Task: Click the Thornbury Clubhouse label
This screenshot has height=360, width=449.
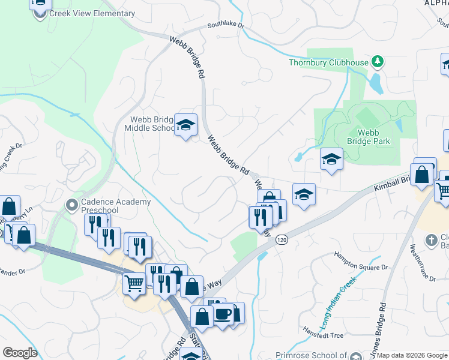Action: (x=328, y=62)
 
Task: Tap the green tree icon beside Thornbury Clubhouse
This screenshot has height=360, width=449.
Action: (x=378, y=61)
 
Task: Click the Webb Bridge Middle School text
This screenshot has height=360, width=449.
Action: (x=149, y=123)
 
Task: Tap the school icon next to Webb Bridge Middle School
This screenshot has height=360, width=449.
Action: (x=186, y=125)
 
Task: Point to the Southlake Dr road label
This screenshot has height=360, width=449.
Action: (x=226, y=26)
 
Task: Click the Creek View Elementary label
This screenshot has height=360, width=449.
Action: (x=92, y=14)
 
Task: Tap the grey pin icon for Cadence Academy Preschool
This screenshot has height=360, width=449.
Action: (x=72, y=206)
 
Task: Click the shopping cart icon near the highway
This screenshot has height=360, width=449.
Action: (x=134, y=282)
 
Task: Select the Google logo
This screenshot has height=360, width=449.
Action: (x=21, y=353)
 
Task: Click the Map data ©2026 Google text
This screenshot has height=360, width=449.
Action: (x=412, y=355)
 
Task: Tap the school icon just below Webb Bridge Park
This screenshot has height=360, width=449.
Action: (x=331, y=160)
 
